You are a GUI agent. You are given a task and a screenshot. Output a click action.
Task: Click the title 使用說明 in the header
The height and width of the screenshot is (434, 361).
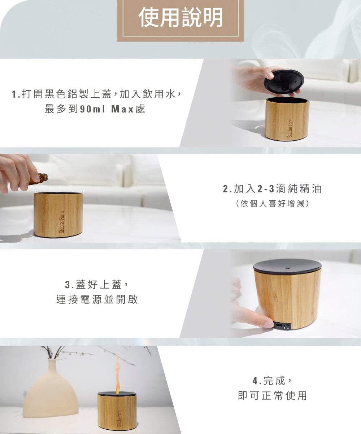tap(180, 17)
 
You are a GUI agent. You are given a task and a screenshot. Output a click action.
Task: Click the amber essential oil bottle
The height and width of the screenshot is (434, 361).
tap(39, 179)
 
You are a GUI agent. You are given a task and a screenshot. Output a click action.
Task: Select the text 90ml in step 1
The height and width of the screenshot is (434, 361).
tap(93, 109)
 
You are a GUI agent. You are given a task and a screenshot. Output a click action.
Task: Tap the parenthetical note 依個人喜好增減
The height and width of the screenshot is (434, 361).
tap(272, 203)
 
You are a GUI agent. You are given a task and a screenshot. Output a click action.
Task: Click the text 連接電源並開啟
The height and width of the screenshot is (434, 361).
tap(97, 299)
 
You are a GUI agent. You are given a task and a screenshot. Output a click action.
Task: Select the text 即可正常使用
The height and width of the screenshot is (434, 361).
tap(272, 395)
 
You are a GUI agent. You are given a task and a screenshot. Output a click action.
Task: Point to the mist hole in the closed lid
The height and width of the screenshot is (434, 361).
tap(287, 268)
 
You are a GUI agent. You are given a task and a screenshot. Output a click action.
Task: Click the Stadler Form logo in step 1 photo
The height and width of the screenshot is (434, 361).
tap(291, 128)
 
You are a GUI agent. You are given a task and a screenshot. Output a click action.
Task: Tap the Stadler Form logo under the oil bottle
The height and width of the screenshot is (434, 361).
tap(62, 222)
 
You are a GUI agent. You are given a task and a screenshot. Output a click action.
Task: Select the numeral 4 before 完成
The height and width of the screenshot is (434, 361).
tap(255, 381)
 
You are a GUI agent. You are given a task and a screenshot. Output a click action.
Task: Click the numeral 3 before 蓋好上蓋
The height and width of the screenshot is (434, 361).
tap(68, 285)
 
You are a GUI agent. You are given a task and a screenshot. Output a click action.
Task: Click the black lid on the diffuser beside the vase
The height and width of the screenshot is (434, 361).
tap(117, 394)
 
